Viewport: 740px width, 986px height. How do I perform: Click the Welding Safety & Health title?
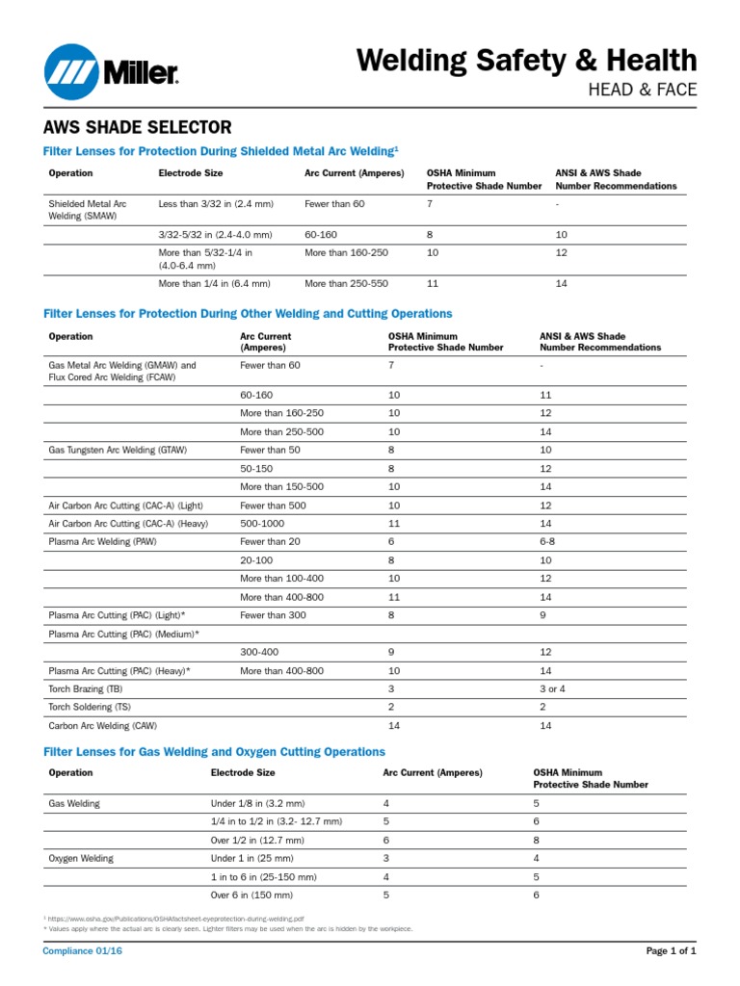(x=526, y=60)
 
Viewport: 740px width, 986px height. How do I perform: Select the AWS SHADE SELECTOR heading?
(x=137, y=127)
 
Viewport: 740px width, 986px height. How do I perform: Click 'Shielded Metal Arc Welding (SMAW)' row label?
(x=88, y=210)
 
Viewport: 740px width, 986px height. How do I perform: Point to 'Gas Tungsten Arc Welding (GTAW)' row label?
(x=118, y=450)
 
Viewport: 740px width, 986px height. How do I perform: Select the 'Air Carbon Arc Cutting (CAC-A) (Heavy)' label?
(x=128, y=523)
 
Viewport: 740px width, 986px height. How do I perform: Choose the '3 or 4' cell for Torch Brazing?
(x=556, y=689)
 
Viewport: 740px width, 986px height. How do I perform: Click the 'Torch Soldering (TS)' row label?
(x=90, y=707)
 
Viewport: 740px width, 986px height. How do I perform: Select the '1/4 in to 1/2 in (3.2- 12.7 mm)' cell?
(x=277, y=821)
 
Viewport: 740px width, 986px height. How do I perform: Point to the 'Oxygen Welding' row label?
(x=81, y=858)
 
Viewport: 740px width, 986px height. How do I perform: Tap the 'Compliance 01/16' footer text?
(x=83, y=950)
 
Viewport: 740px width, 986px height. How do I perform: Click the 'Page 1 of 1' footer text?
(x=670, y=950)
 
